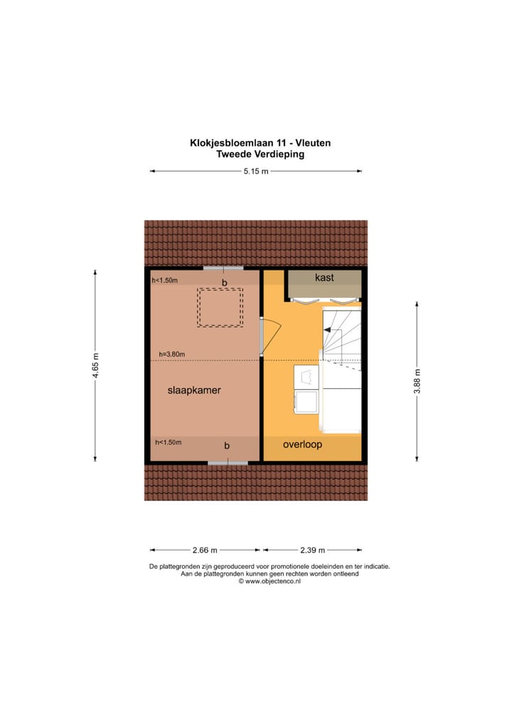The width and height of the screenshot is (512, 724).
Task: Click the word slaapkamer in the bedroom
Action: (194, 390)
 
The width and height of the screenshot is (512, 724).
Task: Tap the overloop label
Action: (302, 444)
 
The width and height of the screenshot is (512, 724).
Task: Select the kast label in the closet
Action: (324, 277)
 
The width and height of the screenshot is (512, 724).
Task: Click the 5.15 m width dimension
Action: (256, 171)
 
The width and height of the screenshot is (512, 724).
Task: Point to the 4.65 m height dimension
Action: (95, 366)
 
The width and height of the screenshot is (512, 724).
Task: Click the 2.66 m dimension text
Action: (205, 550)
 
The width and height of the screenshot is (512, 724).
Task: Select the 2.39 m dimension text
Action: (311, 550)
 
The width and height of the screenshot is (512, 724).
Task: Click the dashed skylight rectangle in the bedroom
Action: (220, 307)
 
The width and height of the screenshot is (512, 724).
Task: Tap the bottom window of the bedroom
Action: (228, 462)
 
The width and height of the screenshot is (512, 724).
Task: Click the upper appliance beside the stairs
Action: (306, 377)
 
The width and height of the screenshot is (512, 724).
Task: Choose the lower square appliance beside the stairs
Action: (307, 403)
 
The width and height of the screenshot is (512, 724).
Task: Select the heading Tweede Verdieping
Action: (260, 154)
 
